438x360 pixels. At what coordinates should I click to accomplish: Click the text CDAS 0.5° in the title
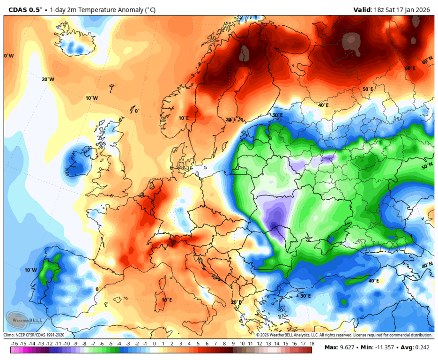pos(25,9)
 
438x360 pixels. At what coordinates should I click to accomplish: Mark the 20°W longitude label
pos(48,79)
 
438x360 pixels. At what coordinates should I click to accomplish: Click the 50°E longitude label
pos(368,89)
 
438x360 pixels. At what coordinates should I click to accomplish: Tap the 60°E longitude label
pos(410,68)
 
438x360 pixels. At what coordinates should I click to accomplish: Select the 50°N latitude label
pos(427,166)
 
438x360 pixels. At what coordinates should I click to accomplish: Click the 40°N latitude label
pos(427,266)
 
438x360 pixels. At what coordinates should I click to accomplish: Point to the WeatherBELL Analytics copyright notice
pos(344,335)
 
